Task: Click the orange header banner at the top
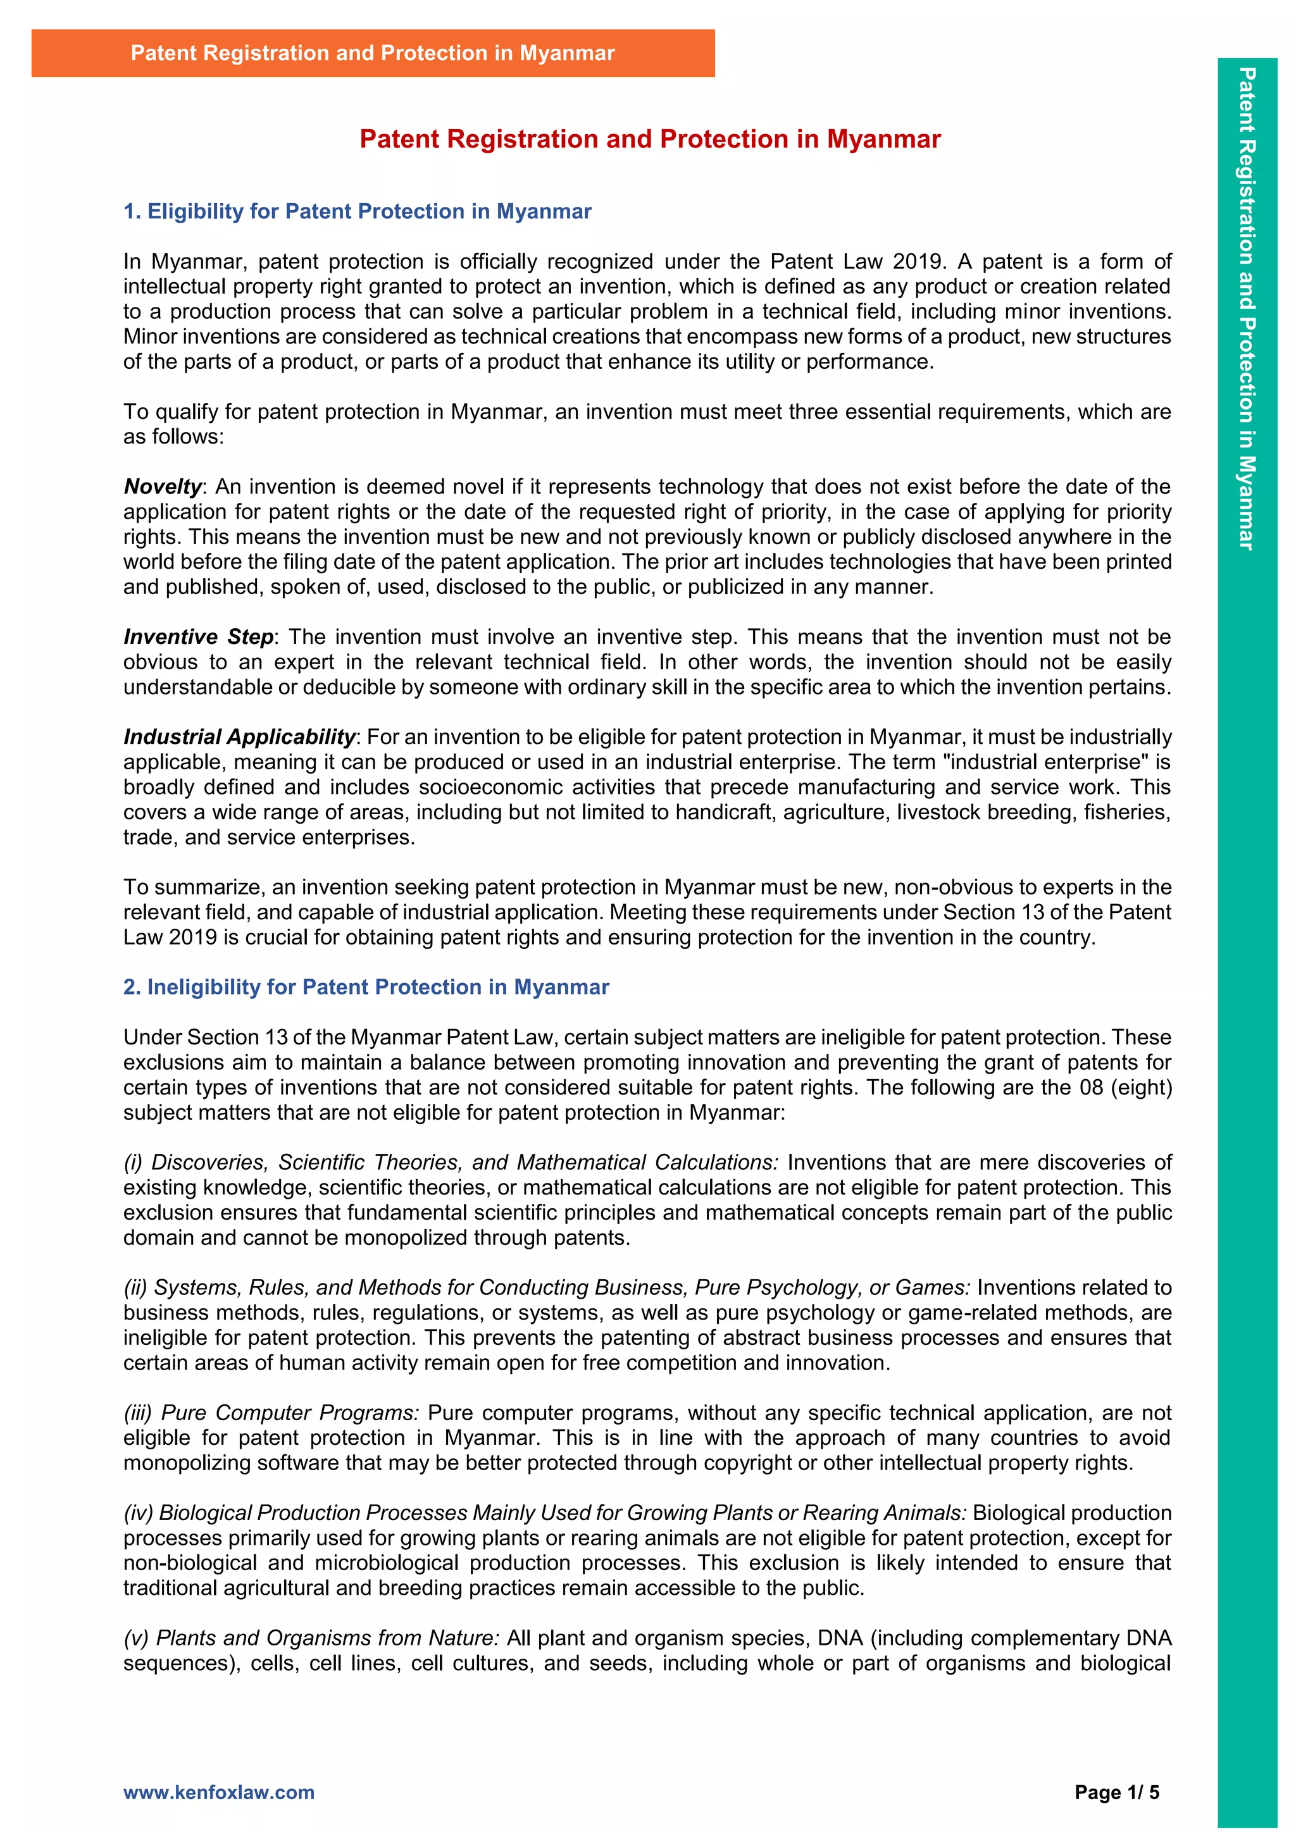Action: (x=373, y=54)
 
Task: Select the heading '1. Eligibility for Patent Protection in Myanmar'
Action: (x=358, y=211)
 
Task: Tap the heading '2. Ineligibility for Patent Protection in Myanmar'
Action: (x=366, y=987)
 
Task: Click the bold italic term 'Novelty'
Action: (x=163, y=486)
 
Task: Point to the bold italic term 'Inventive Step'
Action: (x=198, y=637)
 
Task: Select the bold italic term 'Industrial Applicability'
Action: (x=239, y=736)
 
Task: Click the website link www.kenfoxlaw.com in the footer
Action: (x=219, y=1792)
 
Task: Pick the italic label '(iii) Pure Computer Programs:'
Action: (x=271, y=1413)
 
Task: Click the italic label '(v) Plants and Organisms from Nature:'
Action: (x=311, y=1637)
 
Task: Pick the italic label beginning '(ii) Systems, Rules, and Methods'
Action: (x=547, y=1287)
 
